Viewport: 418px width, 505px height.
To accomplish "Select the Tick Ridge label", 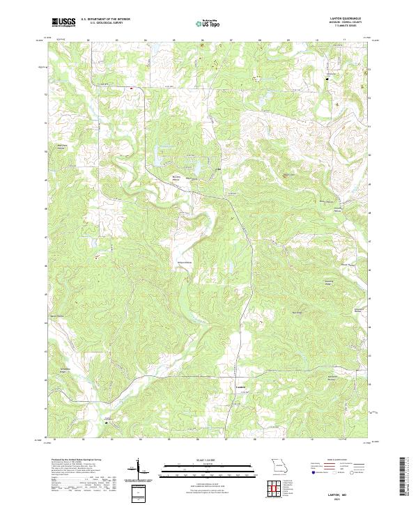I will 297,313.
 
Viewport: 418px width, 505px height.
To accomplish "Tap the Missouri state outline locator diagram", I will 279,466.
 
